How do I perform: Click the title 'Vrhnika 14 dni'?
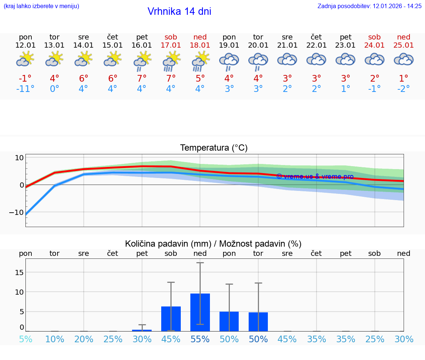coord(179,11)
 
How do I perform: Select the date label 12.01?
coord(25,45)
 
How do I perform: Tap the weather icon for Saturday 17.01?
coord(171,61)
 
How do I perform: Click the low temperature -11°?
coord(25,89)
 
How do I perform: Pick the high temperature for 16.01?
coord(142,79)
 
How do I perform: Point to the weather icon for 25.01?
coord(404,60)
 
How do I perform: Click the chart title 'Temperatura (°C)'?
coord(214,148)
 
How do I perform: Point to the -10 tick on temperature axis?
coord(17,212)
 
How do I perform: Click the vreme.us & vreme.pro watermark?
coord(315,176)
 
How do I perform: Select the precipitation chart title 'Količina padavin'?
coord(213,244)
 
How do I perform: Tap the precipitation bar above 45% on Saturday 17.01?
coord(171,319)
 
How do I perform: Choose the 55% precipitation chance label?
coord(200,339)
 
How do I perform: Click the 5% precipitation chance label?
coord(25,339)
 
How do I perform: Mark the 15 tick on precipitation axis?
coord(19,272)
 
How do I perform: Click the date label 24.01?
coord(374,45)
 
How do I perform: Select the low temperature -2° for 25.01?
coord(404,89)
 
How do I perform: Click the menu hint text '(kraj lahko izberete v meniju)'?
coord(41,6)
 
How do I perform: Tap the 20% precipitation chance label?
coord(84,339)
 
